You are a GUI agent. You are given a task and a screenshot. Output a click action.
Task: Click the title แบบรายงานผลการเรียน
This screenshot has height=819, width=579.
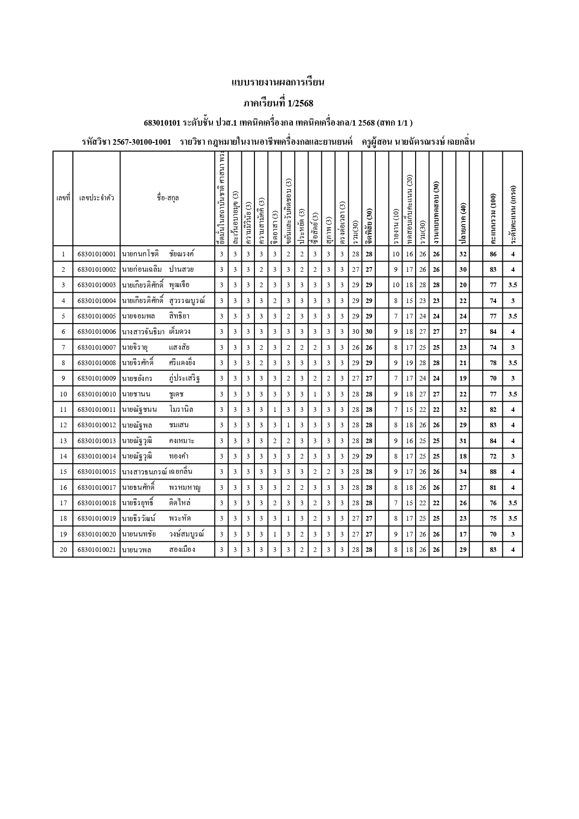click(278, 83)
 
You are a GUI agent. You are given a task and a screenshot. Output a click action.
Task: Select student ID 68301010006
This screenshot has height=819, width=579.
click(96, 332)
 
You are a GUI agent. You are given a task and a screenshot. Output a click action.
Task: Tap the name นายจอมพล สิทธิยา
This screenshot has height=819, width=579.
click(155, 317)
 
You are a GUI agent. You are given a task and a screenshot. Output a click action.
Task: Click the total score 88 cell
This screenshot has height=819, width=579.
click(493, 472)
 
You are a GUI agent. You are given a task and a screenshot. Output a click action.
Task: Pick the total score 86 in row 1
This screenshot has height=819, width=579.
click(493, 254)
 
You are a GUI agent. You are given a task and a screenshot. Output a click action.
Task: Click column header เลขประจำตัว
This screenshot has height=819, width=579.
click(96, 198)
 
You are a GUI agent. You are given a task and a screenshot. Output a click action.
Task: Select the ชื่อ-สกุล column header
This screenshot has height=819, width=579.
click(168, 198)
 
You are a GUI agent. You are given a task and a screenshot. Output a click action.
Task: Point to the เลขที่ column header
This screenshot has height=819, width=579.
click(63, 198)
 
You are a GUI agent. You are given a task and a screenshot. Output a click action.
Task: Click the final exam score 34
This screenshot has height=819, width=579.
click(463, 472)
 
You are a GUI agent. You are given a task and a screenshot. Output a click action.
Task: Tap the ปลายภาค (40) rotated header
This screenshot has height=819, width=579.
click(463, 224)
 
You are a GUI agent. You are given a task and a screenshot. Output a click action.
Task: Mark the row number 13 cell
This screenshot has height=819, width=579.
click(63, 441)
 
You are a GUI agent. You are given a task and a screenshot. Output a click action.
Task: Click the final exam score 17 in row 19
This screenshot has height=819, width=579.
click(463, 534)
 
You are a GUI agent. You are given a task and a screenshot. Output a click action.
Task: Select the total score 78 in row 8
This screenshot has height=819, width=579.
click(493, 363)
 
